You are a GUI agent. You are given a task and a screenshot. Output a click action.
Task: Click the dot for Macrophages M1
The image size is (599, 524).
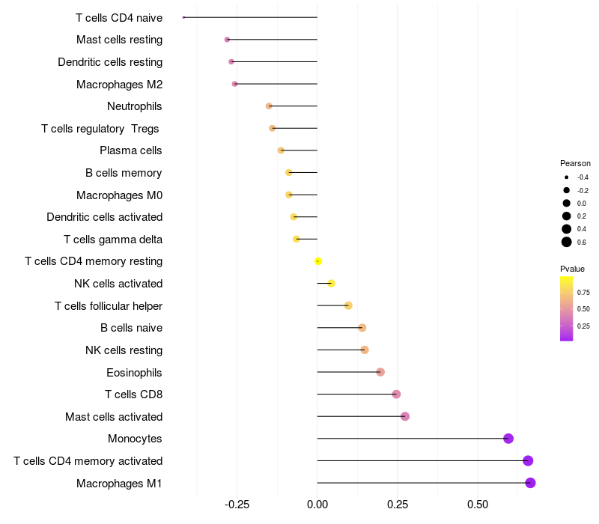click(530, 483)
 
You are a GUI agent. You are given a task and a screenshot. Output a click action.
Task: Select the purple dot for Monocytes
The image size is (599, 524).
click(508, 439)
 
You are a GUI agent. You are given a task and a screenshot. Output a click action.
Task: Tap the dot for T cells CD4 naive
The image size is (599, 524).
click(184, 17)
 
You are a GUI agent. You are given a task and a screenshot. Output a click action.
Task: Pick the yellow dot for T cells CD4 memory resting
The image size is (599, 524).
click(318, 261)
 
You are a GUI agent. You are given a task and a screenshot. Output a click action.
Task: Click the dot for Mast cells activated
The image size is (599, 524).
click(405, 416)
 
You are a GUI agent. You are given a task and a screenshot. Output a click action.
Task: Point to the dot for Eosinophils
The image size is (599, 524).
click(380, 372)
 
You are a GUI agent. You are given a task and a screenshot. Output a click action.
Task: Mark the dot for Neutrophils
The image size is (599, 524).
click(269, 106)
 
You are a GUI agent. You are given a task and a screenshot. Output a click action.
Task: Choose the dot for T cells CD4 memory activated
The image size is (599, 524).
click(528, 460)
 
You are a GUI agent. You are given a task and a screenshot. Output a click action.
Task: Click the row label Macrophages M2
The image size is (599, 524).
click(119, 85)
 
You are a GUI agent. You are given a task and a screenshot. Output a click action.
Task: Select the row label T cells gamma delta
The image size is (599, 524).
click(113, 240)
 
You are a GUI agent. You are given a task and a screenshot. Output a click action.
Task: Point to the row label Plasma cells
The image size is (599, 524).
click(130, 150)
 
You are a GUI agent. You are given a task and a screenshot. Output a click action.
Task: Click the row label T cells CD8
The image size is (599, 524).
click(133, 394)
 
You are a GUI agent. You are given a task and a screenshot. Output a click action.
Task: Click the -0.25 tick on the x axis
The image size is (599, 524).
click(237, 505)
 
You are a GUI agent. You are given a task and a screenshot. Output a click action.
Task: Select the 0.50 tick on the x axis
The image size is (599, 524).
click(478, 505)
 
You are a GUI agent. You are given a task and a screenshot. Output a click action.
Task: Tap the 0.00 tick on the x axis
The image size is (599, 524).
click(317, 505)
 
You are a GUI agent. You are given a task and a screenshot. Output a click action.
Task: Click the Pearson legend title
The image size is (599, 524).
click(575, 163)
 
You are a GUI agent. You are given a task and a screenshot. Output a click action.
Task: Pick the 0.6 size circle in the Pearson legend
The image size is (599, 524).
click(567, 242)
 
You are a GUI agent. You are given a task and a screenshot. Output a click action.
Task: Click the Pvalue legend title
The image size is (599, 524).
click(572, 269)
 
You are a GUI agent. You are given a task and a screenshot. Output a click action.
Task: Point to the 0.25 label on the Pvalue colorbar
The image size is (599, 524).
click(583, 326)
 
